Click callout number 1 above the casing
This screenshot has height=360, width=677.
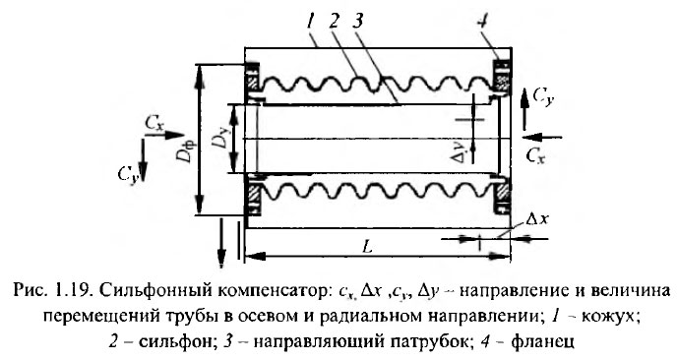point(312,20)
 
